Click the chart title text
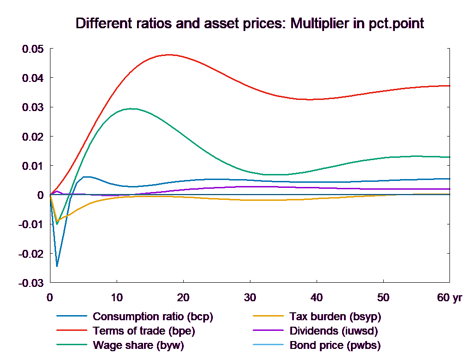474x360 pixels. coord(249,24)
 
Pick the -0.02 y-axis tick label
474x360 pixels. coord(31,254)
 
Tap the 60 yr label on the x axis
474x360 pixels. coord(449,298)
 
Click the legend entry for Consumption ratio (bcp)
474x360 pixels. coord(153,317)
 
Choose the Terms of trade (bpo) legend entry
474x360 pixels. coord(143,331)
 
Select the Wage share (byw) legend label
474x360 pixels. coord(138,345)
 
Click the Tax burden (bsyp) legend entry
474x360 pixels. coord(335,317)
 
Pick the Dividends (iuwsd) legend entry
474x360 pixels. coord(333,331)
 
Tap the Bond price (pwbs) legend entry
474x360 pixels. coord(335,345)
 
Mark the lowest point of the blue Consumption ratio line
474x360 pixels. coord(57,266)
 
